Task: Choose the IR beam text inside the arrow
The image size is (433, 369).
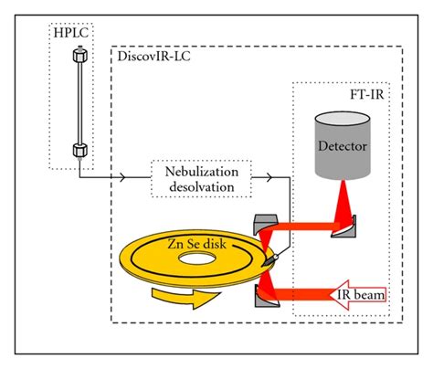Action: tap(361, 295)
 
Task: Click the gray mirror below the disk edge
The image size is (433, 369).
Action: tap(266, 295)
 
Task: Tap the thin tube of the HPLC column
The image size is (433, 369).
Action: tap(79, 105)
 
